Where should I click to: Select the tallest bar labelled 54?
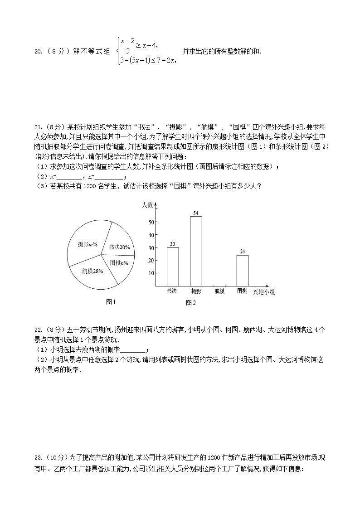pos(196,251)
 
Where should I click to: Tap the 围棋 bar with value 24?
pos(242,271)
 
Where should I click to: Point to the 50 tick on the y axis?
pos(151,222)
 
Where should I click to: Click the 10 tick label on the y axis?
pos(151,273)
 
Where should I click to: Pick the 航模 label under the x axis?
pos(219,291)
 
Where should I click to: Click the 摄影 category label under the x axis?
pos(196,291)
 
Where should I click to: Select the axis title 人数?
pos(147,205)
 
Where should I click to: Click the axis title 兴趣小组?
pos(263,292)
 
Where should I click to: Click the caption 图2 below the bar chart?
pos(190,302)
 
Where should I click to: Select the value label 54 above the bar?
pos(196,213)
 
